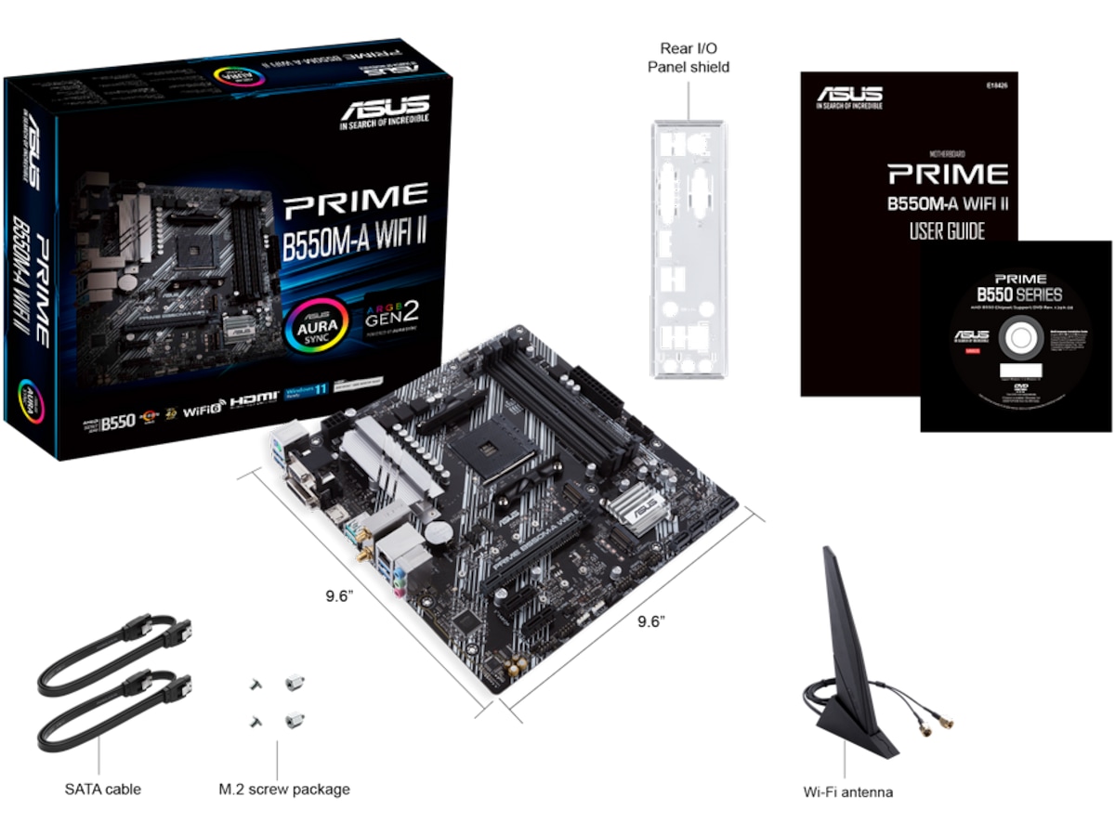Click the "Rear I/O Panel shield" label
688,58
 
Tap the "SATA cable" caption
102,790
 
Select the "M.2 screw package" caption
284,790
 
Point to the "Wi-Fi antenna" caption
847,792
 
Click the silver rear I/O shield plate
688,251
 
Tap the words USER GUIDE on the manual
946,230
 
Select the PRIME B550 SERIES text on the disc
1018,288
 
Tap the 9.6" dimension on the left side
340,596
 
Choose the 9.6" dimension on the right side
651,621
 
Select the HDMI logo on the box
254,398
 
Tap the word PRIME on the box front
356,196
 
